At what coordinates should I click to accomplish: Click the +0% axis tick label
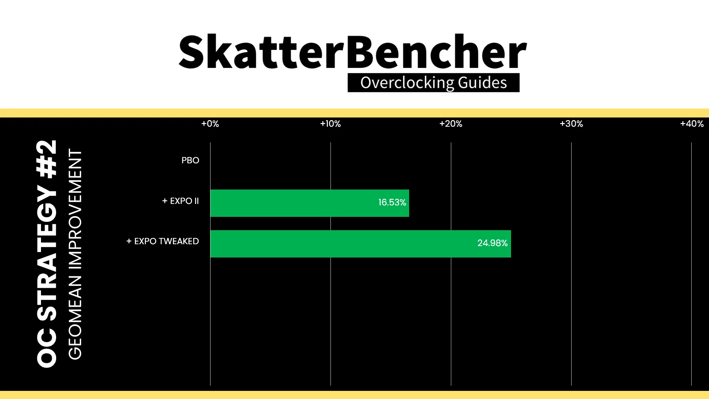click(x=210, y=124)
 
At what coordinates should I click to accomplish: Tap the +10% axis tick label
click(x=330, y=124)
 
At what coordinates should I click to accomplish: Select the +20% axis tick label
click(x=451, y=124)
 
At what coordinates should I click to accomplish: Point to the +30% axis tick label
click(x=571, y=124)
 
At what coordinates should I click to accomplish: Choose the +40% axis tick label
click(x=692, y=124)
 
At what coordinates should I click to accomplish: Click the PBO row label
click(x=190, y=160)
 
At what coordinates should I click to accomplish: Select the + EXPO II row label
click(x=181, y=201)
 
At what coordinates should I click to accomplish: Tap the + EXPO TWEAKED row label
click(x=162, y=241)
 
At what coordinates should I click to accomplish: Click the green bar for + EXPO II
click(x=309, y=203)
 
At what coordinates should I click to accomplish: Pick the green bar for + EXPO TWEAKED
click(x=360, y=244)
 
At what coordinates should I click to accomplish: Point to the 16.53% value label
click(x=392, y=202)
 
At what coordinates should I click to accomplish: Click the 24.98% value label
click(x=492, y=243)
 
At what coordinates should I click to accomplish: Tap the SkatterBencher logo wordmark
click(x=353, y=51)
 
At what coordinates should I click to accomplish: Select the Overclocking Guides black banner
click(x=434, y=83)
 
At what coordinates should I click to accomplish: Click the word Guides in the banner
click(x=482, y=83)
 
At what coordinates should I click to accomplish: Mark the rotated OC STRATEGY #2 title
click(x=47, y=253)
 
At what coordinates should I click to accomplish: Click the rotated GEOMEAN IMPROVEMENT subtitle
click(x=75, y=254)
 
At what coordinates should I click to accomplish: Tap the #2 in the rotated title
click(x=47, y=159)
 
